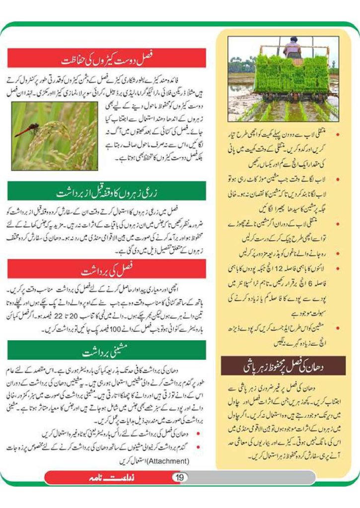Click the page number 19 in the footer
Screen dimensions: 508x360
click(x=180, y=477)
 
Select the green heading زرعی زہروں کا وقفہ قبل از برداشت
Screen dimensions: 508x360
click(x=107, y=191)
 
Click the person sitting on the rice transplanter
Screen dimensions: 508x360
click(x=292, y=47)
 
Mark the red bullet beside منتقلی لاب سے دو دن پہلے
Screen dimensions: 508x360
click(x=337, y=134)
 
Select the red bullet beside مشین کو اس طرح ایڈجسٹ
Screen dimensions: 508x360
click(x=337, y=327)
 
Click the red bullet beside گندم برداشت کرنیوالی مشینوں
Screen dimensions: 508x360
click(x=199, y=448)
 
